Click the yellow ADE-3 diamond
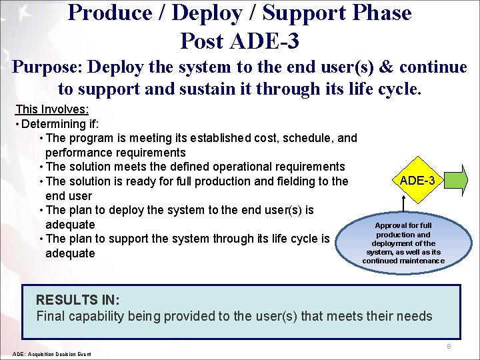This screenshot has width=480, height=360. [417, 181]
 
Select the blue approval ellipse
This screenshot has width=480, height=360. [403, 243]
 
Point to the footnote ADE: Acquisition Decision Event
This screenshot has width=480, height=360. [52, 353]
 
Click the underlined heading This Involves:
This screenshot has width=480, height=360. [52, 109]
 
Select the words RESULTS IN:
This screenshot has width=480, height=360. [77, 300]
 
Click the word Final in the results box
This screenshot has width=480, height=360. [50, 316]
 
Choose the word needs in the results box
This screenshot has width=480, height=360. [415, 316]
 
